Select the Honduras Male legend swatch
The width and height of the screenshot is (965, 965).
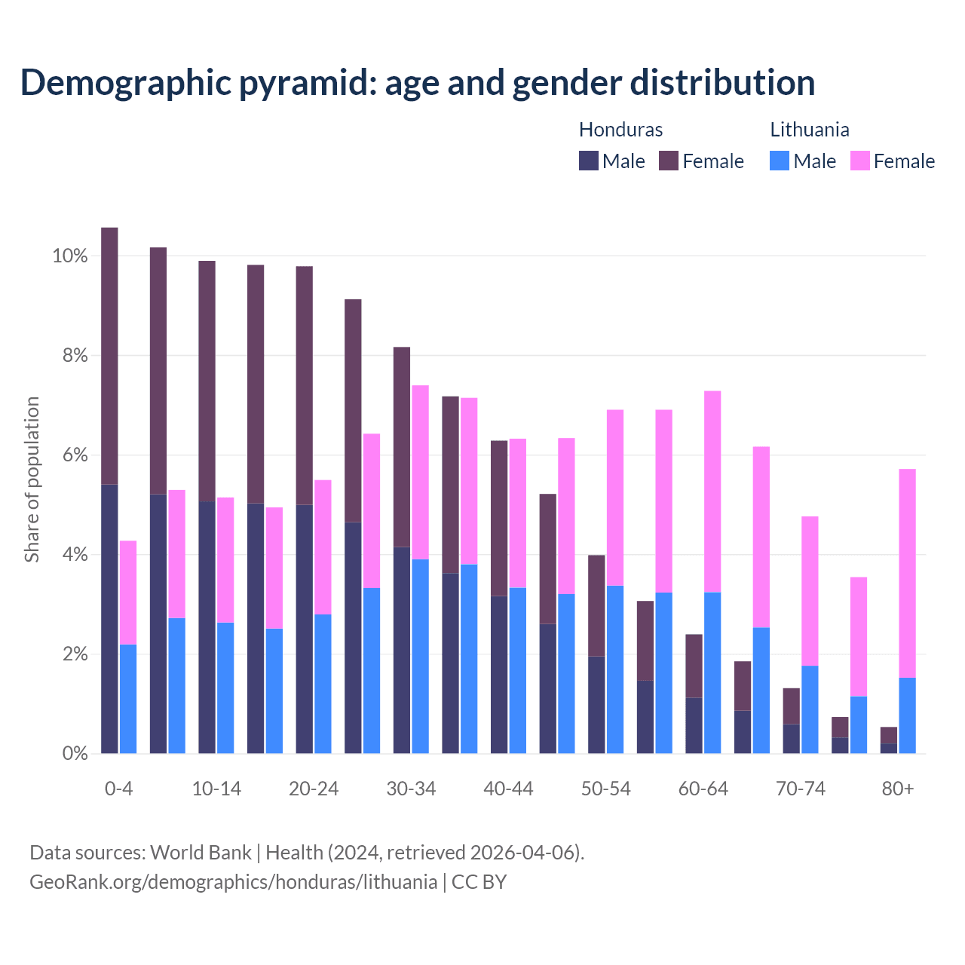tap(588, 161)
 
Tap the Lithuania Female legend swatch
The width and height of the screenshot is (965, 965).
tap(859, 161)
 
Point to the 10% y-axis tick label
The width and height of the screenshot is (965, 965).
tap(69, 256)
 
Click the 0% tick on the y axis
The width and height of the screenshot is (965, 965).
tap(74, 753)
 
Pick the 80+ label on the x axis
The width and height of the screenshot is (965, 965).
tap(898, 789)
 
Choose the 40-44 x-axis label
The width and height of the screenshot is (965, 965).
tap(508, 789)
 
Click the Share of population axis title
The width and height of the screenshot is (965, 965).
tap(32, 479)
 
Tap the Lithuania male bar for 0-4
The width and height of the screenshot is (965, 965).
tap(128, 699)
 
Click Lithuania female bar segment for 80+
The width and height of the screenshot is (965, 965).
tap(908, 573)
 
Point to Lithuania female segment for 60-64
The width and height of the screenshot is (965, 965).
tap(712, 492)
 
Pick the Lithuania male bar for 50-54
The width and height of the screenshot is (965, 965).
tap(615, 669)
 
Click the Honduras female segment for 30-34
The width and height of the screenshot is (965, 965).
tap(402, 446)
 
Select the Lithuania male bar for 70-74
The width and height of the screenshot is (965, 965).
tap(810, 709)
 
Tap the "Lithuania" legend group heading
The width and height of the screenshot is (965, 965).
tap(809, 130)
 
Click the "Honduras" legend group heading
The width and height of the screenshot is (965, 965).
tap(620, 130)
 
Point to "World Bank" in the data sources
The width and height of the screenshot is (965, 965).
tap(201, 853)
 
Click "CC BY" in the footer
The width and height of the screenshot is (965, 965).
tap(479, 882)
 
